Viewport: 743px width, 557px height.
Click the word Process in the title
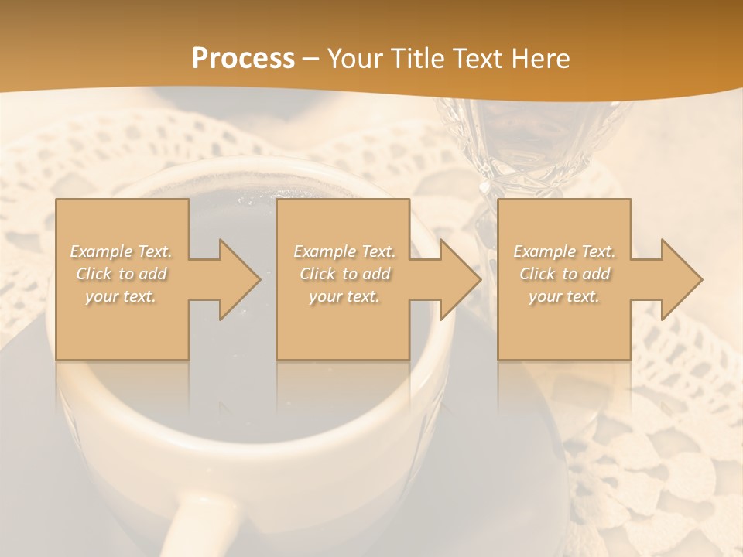click(243, 59)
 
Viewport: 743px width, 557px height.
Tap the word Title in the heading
click(416, 59)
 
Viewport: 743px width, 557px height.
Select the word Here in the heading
click(538, 59)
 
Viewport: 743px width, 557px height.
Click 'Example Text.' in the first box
click(121, 251)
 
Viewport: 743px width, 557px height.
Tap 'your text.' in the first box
click(121, 296)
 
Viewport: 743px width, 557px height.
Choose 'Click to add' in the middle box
click(344, 274)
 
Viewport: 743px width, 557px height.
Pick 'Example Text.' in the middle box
click(344, 251)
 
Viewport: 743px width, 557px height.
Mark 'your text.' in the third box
click(564, 296)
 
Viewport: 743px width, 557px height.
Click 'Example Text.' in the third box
click(564, 251)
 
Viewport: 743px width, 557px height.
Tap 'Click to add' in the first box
click(121, 274)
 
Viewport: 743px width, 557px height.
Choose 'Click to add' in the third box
click(564, 274)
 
